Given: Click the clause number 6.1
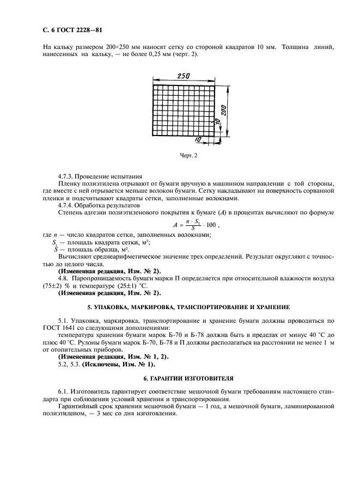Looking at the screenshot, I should [x=63, y=392].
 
